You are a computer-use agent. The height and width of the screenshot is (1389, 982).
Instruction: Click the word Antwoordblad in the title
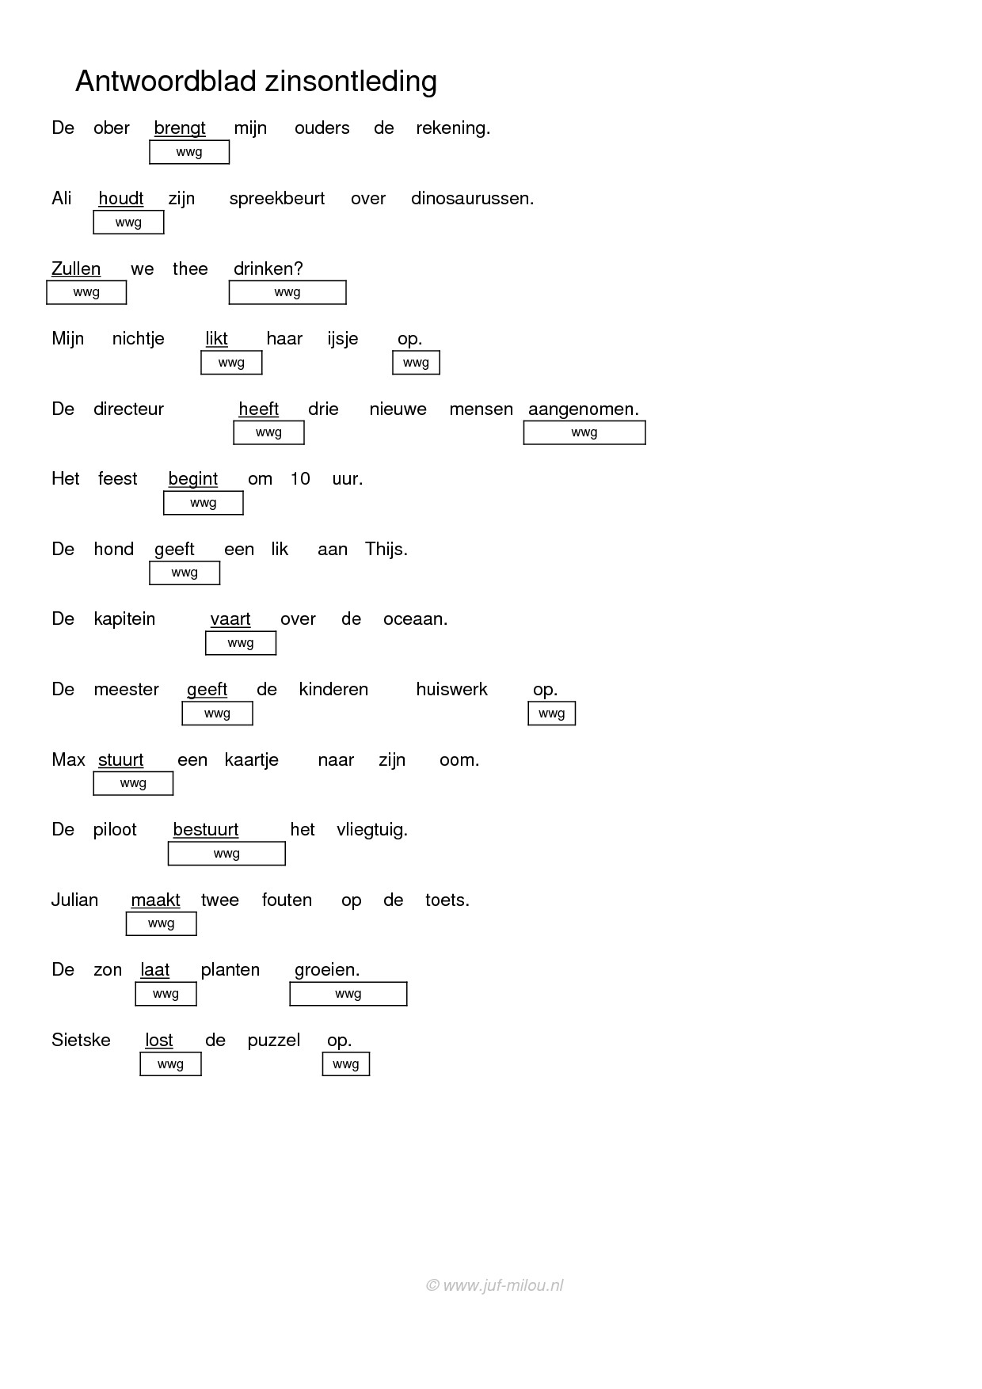(166, 81)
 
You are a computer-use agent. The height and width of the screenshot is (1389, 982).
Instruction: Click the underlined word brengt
(180, 128)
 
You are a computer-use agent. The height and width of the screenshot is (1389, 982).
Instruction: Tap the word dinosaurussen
(472, 198)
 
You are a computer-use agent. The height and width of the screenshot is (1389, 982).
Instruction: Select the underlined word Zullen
(76, 268)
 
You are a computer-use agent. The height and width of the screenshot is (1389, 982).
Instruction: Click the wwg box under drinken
(287, 292)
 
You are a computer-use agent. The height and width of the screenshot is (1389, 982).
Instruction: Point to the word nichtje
(139, 339)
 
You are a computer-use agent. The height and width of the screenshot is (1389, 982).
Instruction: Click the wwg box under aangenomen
(584, 432)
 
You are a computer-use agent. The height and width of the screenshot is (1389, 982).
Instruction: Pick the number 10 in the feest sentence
(300, 478)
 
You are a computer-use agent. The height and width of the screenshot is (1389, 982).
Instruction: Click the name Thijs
(386, 549)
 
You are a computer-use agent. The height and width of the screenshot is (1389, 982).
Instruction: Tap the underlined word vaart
(230, 619)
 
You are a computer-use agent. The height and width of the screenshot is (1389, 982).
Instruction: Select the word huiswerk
(452, 689)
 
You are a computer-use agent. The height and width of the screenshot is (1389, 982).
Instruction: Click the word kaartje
(252, 760)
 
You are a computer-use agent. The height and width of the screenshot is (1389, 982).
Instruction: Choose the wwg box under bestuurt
(226, 853)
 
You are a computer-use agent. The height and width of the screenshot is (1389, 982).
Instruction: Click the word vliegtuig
(372, 831)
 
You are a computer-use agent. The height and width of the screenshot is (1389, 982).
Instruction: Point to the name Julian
(75, 900)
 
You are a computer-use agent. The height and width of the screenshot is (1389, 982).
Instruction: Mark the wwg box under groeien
(348, 994)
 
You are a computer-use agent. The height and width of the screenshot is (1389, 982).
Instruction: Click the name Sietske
(81, 1040)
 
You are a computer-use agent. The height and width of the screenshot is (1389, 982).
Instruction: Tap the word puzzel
(274, 1041)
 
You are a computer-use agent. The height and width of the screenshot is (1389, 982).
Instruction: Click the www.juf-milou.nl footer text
(495, 1286)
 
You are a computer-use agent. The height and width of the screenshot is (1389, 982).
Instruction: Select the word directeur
(128, 409)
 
